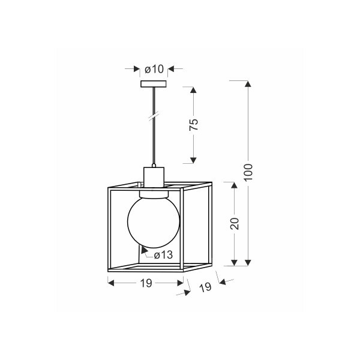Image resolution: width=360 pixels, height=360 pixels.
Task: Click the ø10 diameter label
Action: point(154,69)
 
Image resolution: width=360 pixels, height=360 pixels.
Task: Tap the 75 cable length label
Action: point(194,125)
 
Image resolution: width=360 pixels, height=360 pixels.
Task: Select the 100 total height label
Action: point(248,172)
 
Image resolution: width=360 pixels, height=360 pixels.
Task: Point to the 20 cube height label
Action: point(235,223)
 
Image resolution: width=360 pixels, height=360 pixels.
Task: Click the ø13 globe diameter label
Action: point(163,255)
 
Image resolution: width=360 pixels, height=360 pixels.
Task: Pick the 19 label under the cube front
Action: point(146,283)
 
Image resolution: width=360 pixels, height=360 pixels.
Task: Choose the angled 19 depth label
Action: point(205,287)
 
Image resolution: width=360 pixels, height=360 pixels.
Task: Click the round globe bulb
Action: point(154,222)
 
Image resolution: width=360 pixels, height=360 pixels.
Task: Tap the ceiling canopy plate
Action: point(154,84)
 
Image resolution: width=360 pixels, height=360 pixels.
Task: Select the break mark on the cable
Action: point(154,116)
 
